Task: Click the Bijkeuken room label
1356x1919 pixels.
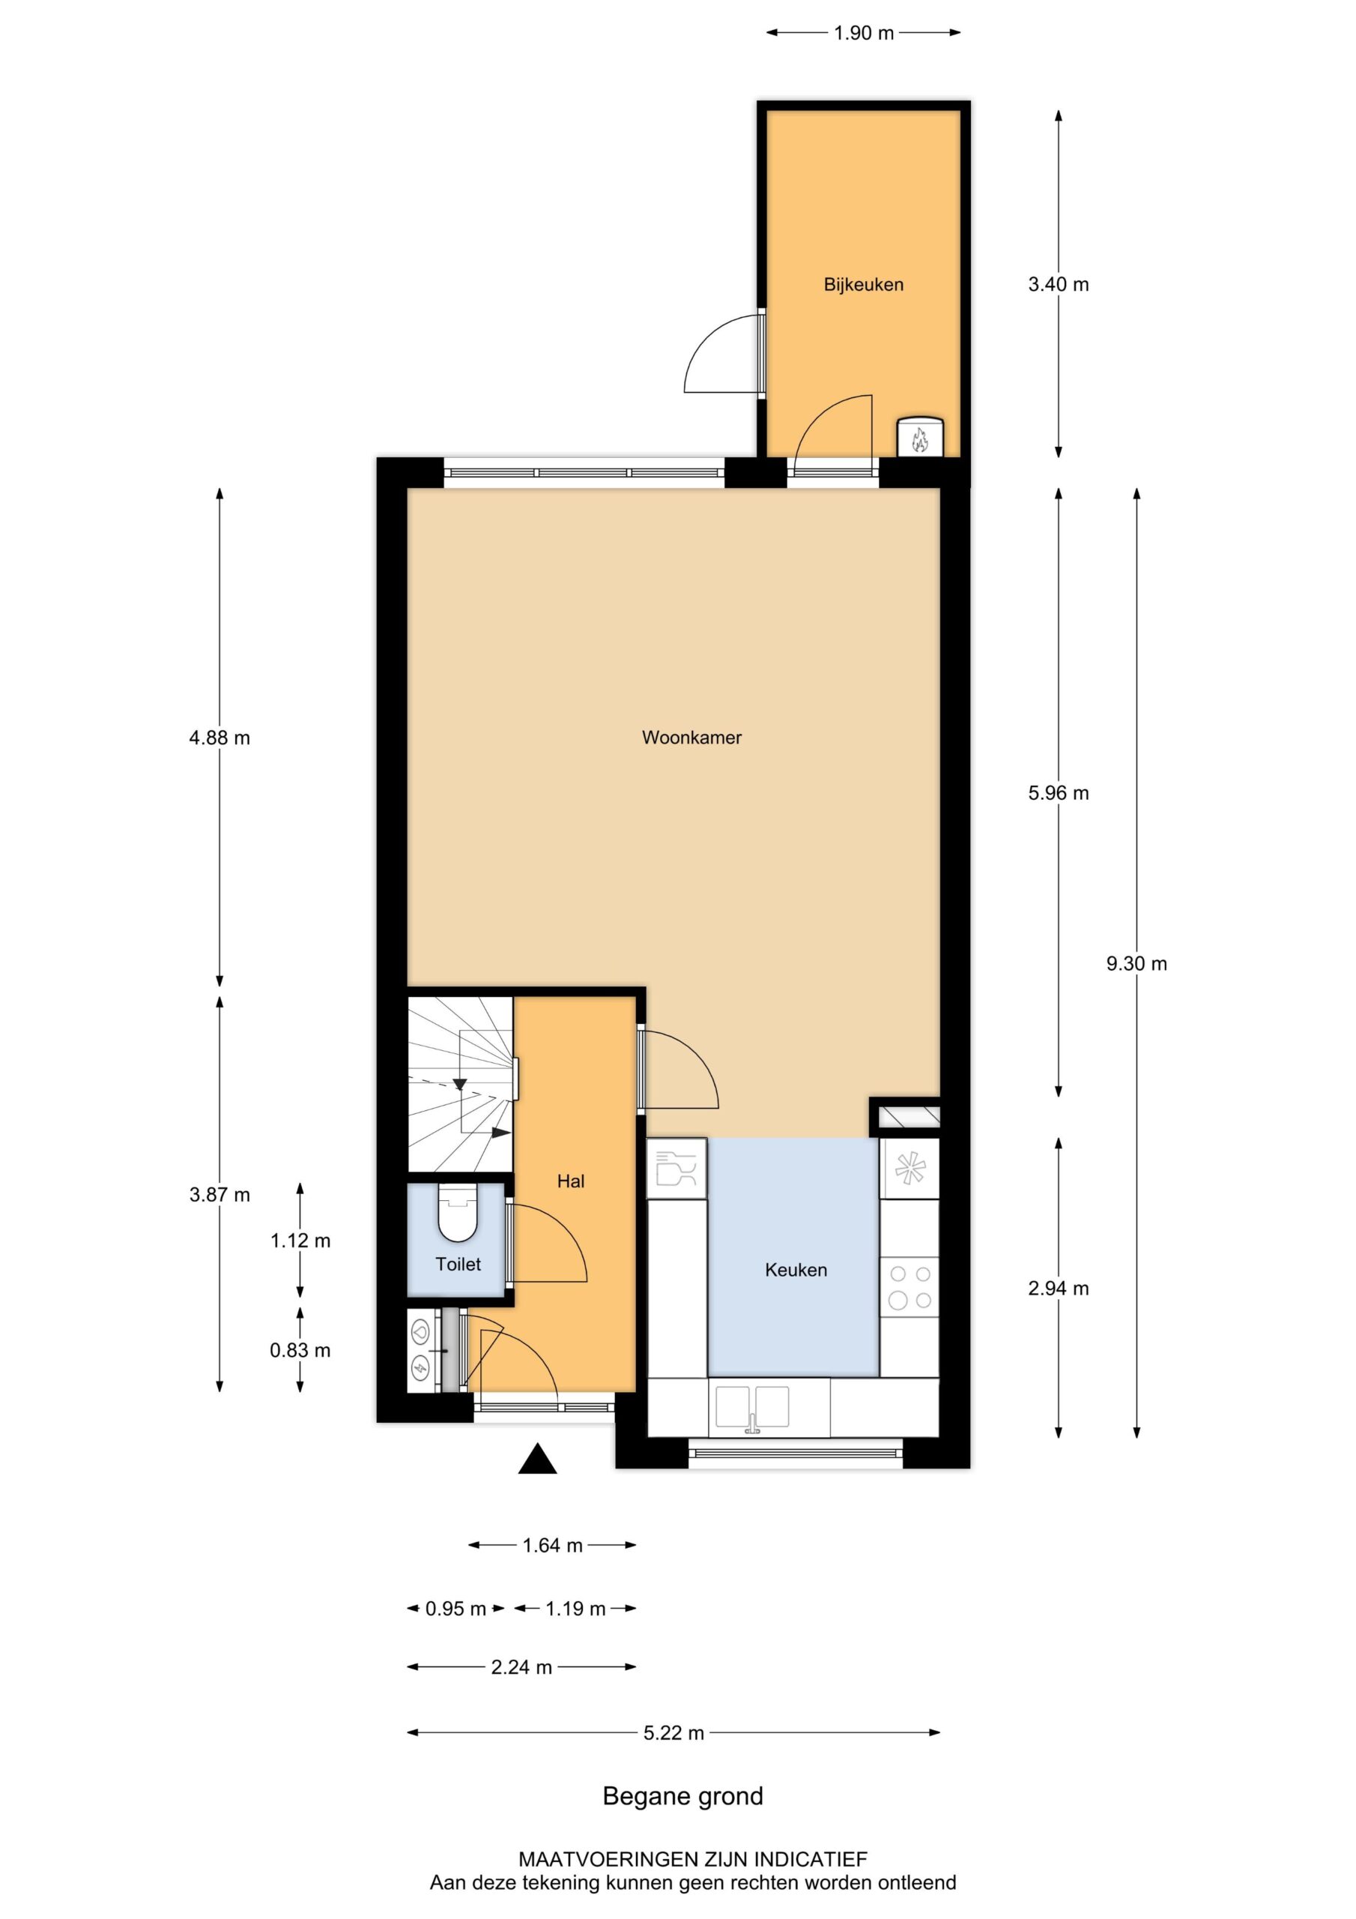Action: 863,284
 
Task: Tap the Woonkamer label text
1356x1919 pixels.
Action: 691,737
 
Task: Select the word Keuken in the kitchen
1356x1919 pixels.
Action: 796,1270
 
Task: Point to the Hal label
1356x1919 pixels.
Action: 571,1181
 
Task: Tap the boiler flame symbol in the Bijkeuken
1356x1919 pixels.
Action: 919,438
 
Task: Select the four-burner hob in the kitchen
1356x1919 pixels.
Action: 909,1287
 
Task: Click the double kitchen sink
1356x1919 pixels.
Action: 752,1408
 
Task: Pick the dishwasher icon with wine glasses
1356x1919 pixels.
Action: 676,1168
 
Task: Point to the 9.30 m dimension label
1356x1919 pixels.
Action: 1136,964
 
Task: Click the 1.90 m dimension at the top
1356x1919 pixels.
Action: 863,34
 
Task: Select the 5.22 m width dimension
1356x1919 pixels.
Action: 674,1732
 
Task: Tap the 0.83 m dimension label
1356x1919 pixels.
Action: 300,1350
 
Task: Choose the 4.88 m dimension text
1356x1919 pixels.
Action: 219,737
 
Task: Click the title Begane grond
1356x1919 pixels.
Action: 682,1796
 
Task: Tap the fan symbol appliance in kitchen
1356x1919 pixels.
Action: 909,1168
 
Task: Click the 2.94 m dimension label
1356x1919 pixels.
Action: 1058,1288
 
